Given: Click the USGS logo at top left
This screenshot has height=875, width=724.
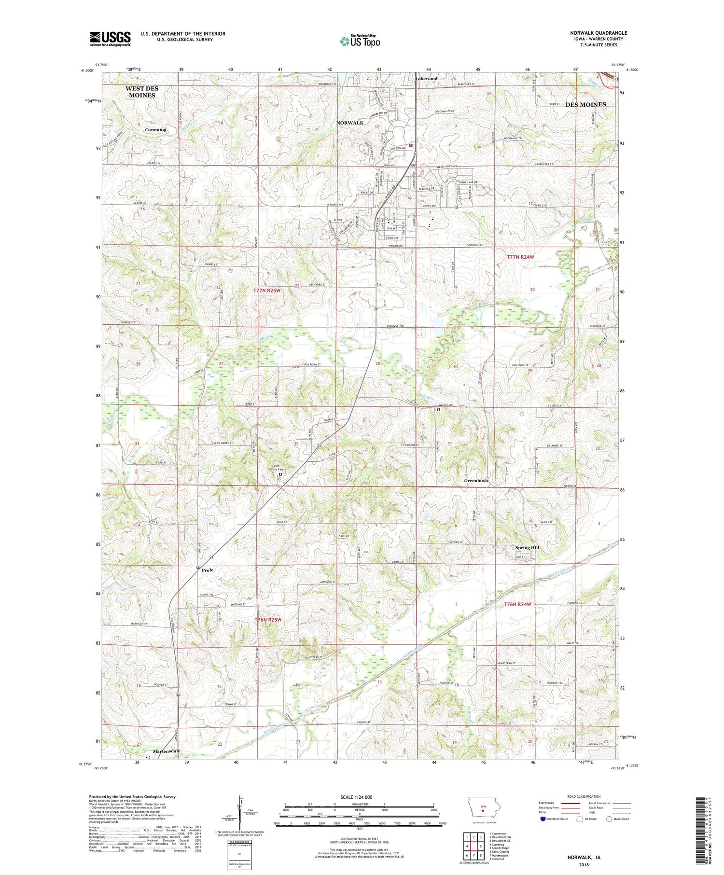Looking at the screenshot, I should tap(110, 39).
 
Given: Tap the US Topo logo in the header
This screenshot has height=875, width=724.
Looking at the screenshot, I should tap(360, 41).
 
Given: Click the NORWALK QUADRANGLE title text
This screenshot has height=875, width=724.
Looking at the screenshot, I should tap(599, 33).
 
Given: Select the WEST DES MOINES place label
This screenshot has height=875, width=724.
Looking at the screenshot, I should tap(141, 92).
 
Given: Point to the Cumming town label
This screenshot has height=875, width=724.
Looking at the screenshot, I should tap(155, 129).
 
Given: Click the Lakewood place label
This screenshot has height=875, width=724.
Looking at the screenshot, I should tap(427, 78).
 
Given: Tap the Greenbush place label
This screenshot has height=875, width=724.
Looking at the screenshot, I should tap(476, 481).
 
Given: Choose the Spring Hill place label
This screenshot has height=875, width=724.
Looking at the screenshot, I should tap(527, 548).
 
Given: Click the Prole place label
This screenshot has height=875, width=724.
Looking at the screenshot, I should tap(208, 570).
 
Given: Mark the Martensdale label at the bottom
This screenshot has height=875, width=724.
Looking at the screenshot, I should tap(167, 751).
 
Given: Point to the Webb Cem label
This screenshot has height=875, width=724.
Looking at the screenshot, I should tap(445, 405).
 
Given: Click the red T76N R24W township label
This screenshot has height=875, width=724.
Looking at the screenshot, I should tap(517, 604).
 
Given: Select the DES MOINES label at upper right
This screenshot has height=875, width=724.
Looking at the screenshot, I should tap(585, 104).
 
